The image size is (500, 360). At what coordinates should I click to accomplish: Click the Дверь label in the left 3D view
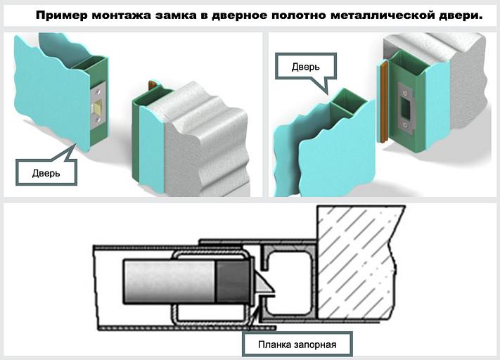[45, 172]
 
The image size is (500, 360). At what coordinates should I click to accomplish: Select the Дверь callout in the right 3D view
[306, 67]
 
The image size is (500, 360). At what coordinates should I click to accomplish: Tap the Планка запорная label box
[296, 345]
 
